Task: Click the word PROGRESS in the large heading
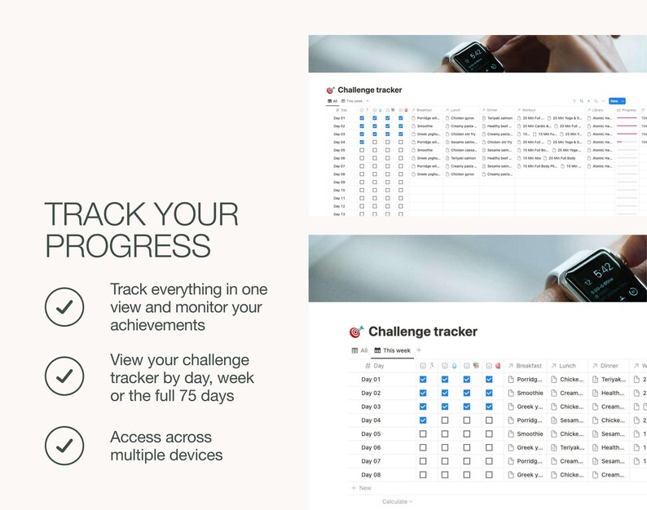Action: point(127,245)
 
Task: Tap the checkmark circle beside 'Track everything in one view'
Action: point(64,306)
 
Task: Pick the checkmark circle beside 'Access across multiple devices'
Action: point(64,445)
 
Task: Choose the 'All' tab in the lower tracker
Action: point(359,350)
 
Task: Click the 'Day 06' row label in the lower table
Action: point(371,447)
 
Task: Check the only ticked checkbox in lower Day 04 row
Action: point(422,420)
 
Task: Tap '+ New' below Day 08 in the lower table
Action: point(361,488)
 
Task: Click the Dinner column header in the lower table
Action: point(609,366)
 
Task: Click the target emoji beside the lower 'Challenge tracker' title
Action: point(356,332)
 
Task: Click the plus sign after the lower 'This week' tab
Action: point(419,350)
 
